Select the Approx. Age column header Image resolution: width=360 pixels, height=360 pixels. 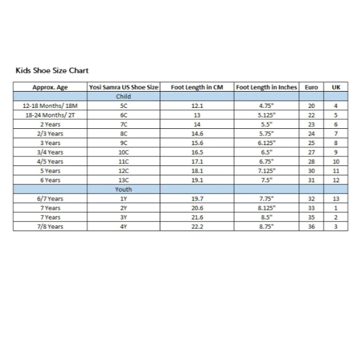coord(50,87)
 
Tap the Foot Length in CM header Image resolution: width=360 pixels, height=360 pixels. coord(197,87)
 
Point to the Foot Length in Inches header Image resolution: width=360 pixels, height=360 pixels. coord(266,87)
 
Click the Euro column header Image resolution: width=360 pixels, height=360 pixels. coord(311,87)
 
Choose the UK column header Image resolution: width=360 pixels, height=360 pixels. coord(335,87)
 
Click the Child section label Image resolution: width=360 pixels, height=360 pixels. coord(123,96)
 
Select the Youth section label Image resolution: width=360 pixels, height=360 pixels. coord(123,189)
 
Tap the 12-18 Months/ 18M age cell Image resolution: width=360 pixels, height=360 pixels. coord(50,105)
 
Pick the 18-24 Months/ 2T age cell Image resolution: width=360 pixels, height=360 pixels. coord(50,115)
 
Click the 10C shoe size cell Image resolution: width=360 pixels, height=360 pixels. coord(123,152)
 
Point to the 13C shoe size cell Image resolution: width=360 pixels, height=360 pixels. coord(123,180)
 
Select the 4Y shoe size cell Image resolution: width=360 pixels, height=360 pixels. coord(123,226)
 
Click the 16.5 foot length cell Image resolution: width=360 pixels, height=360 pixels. coord(197,152)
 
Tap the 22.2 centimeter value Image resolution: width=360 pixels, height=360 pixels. coord(197,226)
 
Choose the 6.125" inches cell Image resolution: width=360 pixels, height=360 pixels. coord(266,143)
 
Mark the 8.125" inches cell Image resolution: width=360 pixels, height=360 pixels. coord(266,208)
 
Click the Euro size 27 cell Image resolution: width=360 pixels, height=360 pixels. coord(311,152)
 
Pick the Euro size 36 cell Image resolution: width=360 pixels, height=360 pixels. coord(311,226)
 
